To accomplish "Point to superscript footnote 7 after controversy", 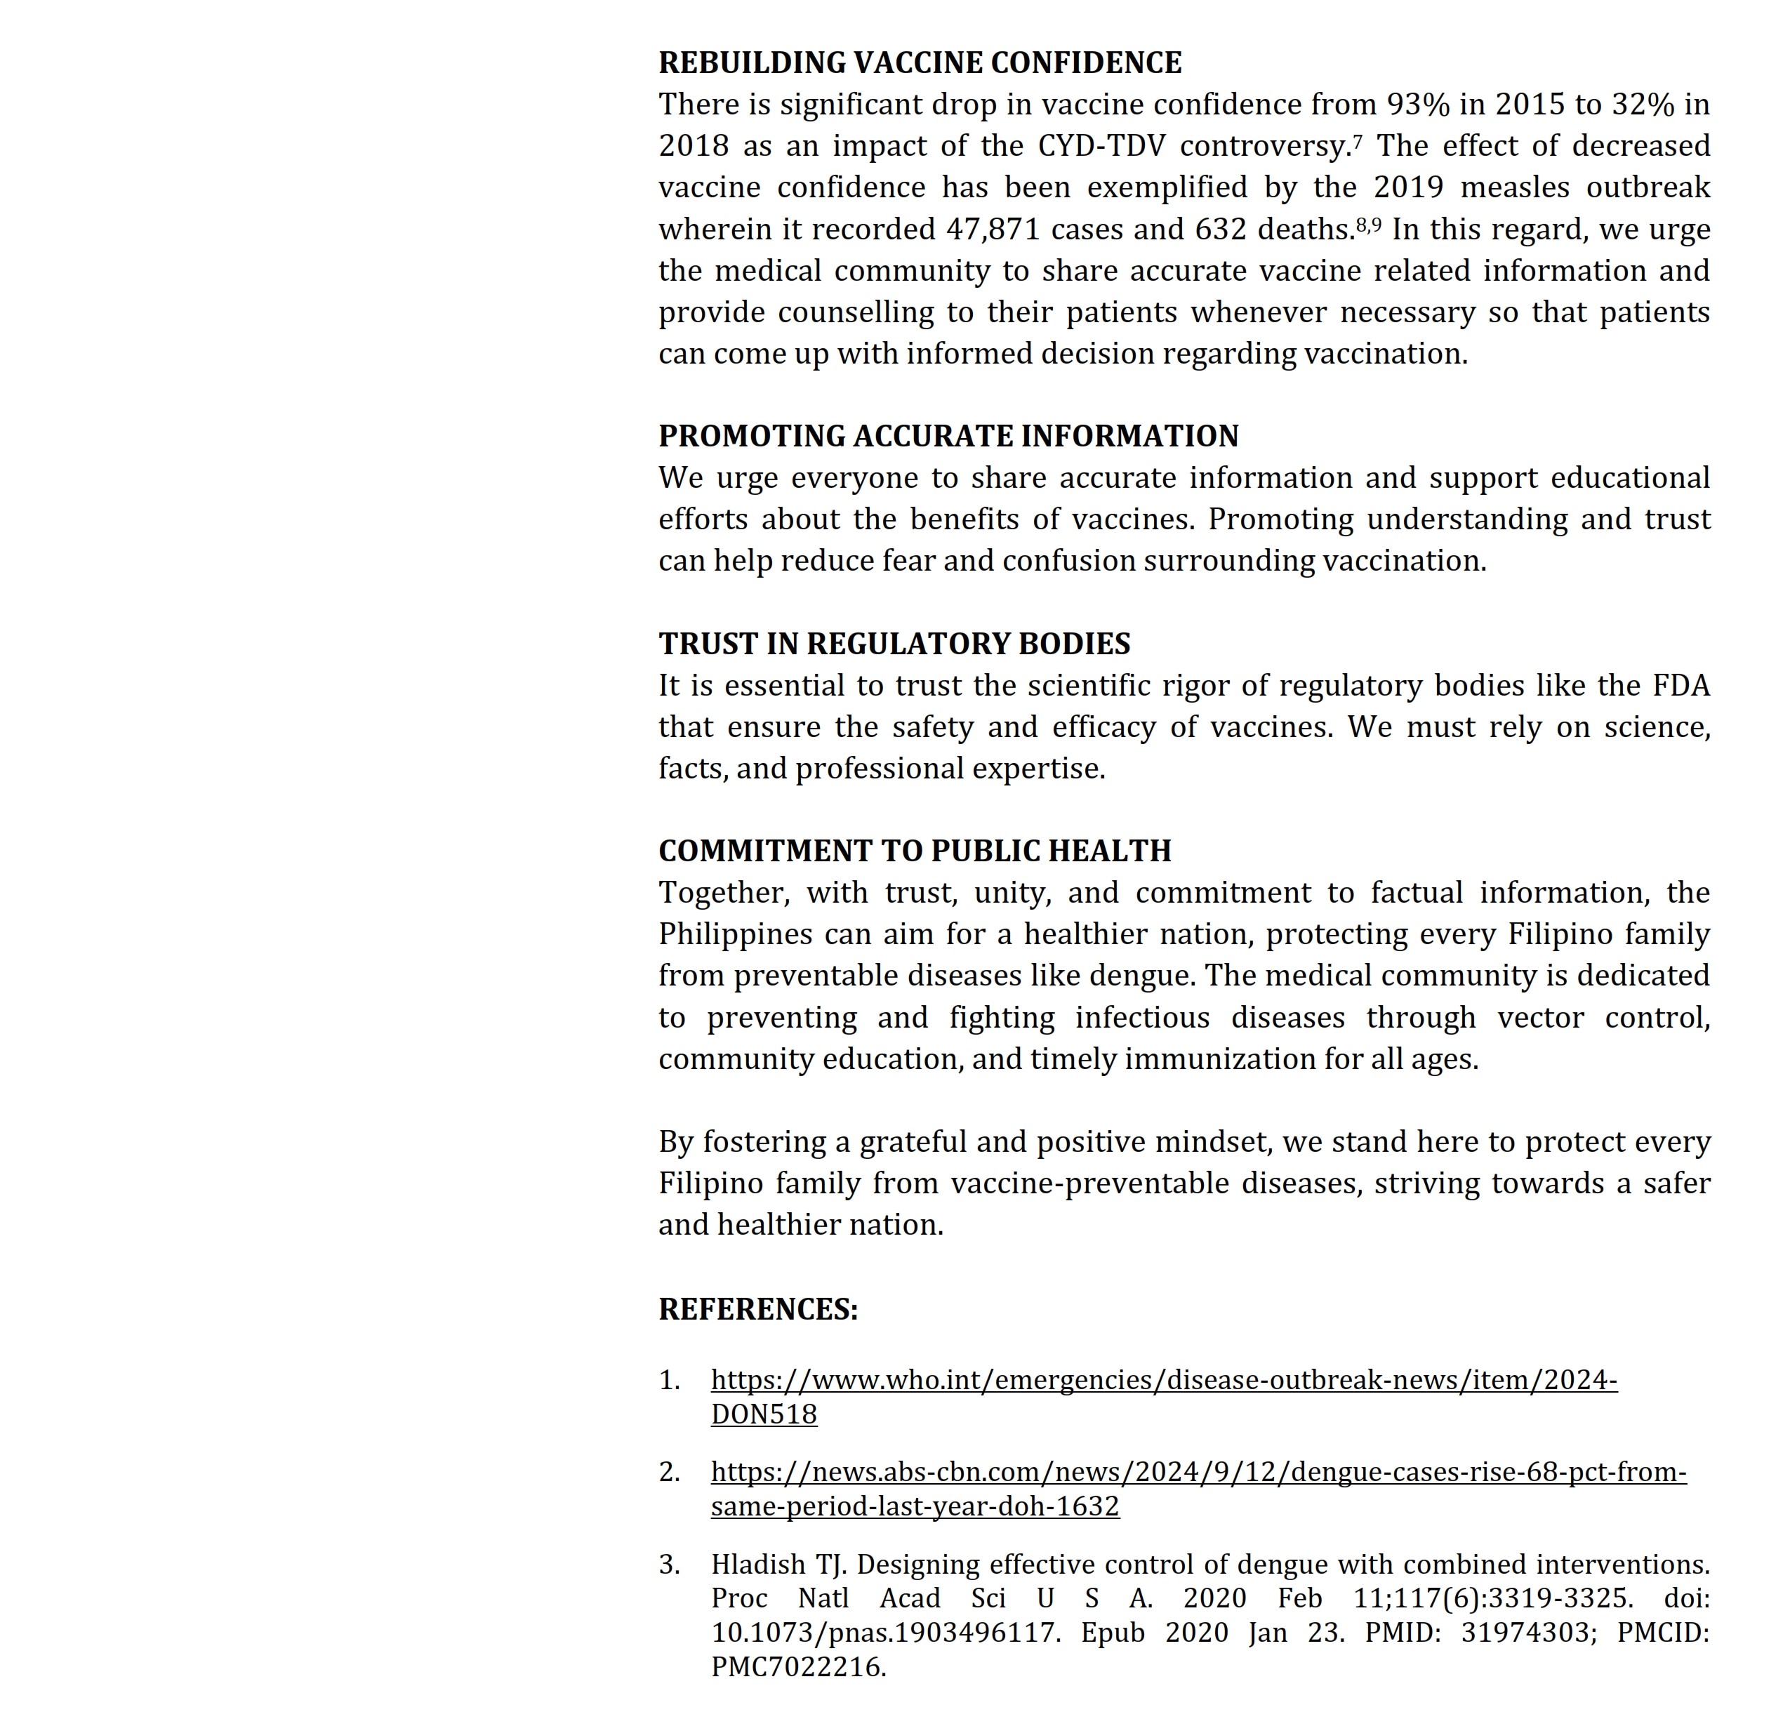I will (1358, 140).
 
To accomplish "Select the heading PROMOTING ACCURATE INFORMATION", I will (948, 436).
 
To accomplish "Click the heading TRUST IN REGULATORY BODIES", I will (894, 644).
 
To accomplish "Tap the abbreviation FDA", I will (1680, 685).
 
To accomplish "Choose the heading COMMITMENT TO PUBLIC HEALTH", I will (915, 851).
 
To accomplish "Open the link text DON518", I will (764, 1414).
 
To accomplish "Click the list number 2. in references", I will (669, 1472).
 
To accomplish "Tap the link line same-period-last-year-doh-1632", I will (915, 1506).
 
